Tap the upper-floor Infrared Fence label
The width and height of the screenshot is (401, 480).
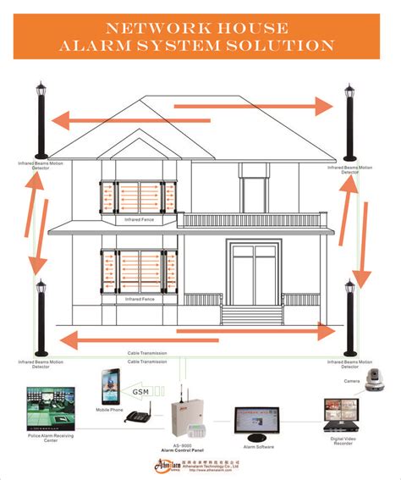pos(140,218)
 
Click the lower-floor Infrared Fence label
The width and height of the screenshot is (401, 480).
pos(140,299)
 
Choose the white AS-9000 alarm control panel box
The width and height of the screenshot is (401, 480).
pos(188,416)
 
